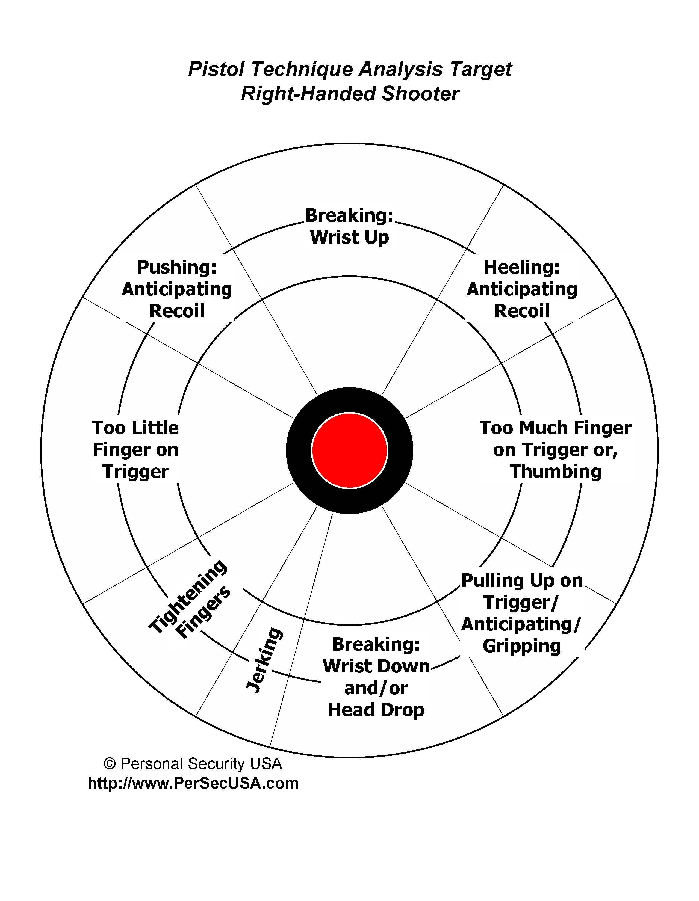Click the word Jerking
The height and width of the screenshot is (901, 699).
click(x=264, y=660)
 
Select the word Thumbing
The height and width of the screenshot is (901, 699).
click(x=555, y=472)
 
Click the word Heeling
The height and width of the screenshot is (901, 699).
click(x=521, y=267)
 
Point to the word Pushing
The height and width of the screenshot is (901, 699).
click(x=177, y=267)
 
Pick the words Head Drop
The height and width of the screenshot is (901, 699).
click(x=376, y=710)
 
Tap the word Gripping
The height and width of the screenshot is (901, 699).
click(x=521, y=646)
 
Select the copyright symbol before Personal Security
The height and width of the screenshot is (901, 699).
click(x=109, y=764)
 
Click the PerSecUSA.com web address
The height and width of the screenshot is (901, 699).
click(x=193, y=783)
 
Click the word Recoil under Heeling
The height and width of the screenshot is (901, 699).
click(x=521, y=311)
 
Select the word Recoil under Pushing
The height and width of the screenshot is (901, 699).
click(x=177, y=311)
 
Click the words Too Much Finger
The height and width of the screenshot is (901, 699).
click(x=555, y=428)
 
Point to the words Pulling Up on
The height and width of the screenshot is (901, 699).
click(x=521, y=581)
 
